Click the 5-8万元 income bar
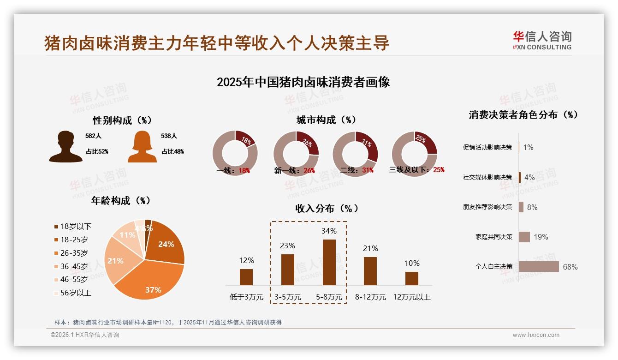coord(329,262)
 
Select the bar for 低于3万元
coord(246,277)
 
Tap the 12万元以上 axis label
coord(411,297)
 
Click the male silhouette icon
coord(65,146)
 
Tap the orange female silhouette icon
coord(142,146)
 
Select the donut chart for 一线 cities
coord(235,153)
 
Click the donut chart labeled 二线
coord(355,153)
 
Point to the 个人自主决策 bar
coord(539,267)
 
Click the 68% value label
coord(570,267)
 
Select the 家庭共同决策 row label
coord(493,237)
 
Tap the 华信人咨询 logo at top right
coord(542,40)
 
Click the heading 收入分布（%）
coord(327,208)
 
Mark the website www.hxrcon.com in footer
coord(536,335)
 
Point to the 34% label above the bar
coord(329,231)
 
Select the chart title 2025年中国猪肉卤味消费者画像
coord(303,82)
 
